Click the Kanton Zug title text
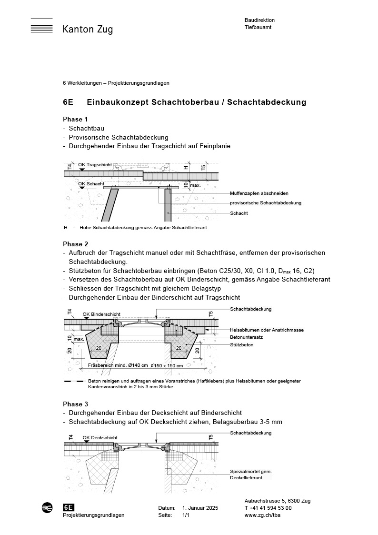(x=88, y=30)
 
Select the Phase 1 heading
(x=76, y=119)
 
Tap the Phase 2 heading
(x=76, y=244)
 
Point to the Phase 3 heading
(x=76, y=404)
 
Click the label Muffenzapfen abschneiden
(x=259, y=193)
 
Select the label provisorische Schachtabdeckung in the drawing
(x=265, y=203)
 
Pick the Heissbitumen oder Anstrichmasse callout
(x=267, y=330)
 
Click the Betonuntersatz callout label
(x=246, y=337)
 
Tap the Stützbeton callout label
(x=241, y=344)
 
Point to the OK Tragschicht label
(x=95, y=165)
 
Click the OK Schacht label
(x=91, y=183)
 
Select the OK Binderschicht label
(x=101, y=314)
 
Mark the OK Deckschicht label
(x=100, y=437)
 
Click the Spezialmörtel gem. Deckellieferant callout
(x=250, y=474)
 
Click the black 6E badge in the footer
(x=69, y=508)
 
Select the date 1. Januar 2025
(x=200, y=508)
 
